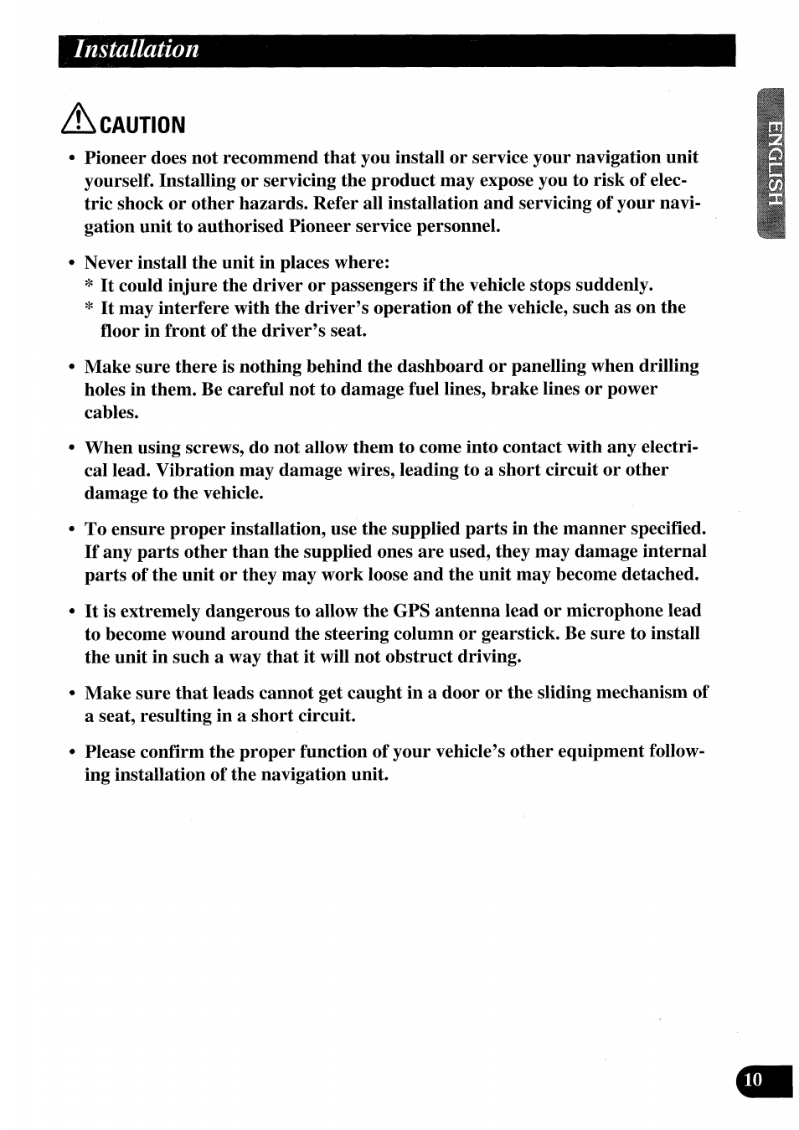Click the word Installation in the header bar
click(x=137, y=49)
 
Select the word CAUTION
click(x=142, y=126)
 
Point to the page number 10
click(x=753, y=1080)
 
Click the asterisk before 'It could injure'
click(x=89, y=286)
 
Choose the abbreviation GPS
click(x=411, y=611)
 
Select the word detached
click(x=658, y=575)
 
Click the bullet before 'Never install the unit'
click(x=73, y=263)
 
